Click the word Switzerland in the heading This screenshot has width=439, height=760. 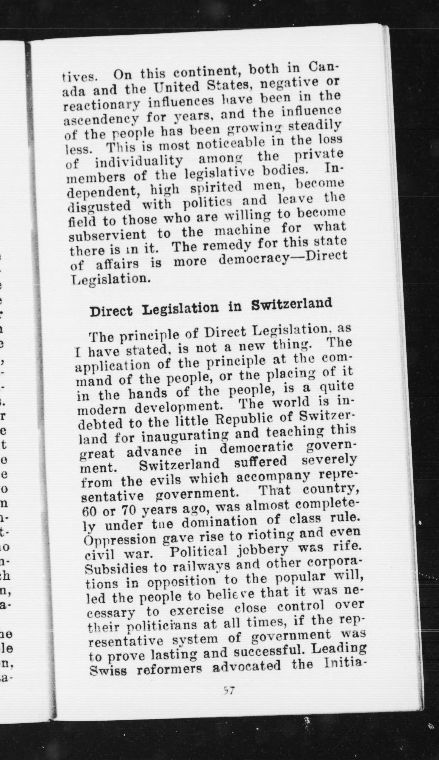point(291,305)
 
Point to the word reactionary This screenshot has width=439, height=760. point(103,105)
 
